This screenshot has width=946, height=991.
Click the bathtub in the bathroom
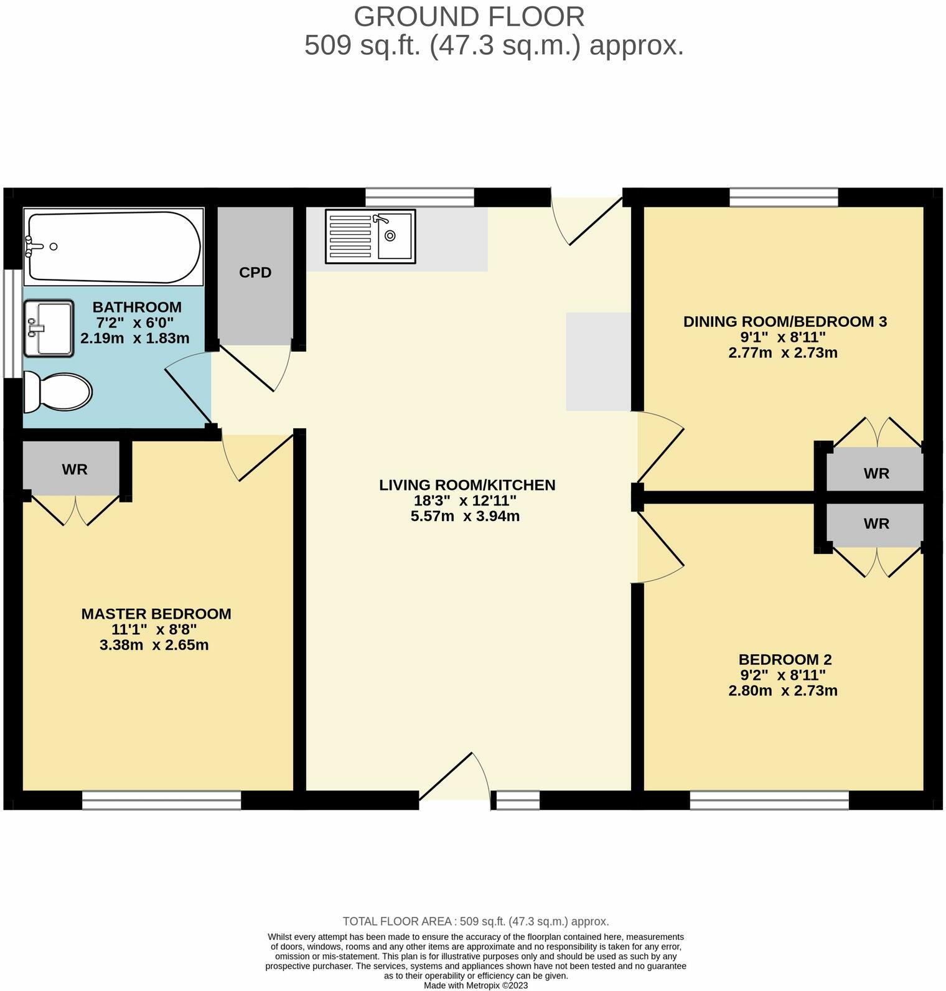(x=114, y=247)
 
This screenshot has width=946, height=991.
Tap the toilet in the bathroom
(x=57, y=392)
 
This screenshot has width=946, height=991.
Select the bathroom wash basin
(x=49, y=327)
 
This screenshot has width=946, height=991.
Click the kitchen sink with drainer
(x=370, y=236)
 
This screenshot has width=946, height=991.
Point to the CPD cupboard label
(x=255, y=273)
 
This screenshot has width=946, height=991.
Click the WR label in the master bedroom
(x=75, y=469)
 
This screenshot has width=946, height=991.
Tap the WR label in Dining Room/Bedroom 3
(x=876, y=474)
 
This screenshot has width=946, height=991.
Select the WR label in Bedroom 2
(x=876, y=524)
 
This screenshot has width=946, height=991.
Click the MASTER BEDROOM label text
(x=156, y=614)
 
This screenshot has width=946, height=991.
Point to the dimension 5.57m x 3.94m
(x=465, y=516)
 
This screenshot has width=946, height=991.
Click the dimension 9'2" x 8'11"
(x=782, y=675)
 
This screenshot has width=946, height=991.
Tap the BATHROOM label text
(x=137, y=307)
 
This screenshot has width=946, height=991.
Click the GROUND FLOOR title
(x=469, y=17)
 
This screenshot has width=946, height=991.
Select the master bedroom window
(x=161, y=800)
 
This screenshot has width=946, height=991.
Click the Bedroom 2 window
(x=769, y=800)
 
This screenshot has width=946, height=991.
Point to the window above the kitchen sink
(x=419, y=197)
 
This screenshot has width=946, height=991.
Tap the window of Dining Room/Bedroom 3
(x=783, y=197)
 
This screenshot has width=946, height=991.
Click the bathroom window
(x=12, y=323)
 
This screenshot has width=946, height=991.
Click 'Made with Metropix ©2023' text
(x=475, y=985)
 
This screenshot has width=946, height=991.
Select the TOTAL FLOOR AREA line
(x=475, y=921)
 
